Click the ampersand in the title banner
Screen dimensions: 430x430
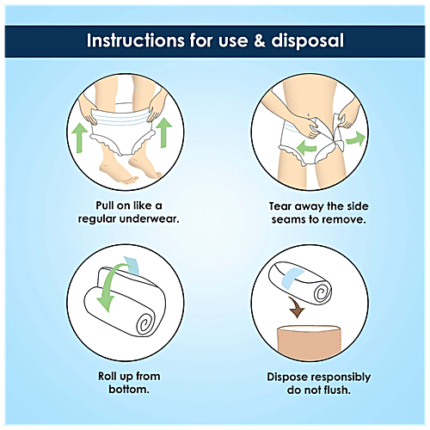coord(260,40)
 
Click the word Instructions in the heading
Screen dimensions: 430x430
coord(136,40)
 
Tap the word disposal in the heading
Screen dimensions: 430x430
coord(307,41)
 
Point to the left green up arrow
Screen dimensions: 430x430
coord(79,138)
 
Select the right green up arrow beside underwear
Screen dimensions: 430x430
coord(164,132)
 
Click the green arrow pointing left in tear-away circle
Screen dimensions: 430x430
coord(306,148)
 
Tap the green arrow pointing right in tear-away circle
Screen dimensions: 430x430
coord(356,138)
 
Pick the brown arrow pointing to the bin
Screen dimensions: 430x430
coord(297,308)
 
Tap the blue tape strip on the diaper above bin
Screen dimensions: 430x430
coord(292,276)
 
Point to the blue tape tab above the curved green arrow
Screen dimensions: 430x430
coord(132,265)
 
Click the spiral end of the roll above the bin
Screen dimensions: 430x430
coord(322,293)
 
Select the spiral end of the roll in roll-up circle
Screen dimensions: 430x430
coord(146,324)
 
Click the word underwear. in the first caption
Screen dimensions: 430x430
coord(150,219)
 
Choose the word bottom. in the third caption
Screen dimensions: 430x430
coord(129,390)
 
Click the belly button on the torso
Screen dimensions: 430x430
coord(308,115)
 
